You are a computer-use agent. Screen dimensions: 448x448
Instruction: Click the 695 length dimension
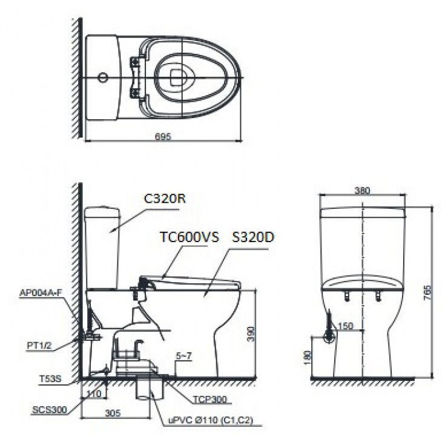[x=163, y=136]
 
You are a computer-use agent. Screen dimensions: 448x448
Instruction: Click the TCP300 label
[x=211, y=400]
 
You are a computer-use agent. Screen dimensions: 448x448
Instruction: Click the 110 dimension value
[x=94, y=394]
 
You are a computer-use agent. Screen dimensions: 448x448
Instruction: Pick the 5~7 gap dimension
[x=185, y=356]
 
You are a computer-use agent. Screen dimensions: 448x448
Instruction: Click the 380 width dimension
[x=362, y=189]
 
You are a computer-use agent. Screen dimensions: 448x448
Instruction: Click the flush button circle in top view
[x=103, y=78]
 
